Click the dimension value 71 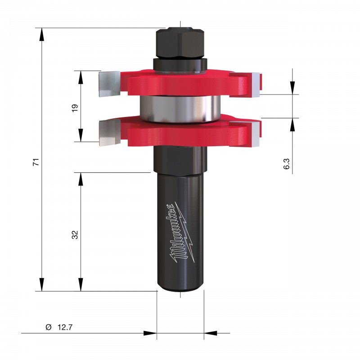point(36,162)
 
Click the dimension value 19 point(75,108)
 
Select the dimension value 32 point(75,234)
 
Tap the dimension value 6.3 point(287,164)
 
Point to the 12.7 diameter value point(65,327)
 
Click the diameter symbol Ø point(49,327)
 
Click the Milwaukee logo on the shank point(182,233)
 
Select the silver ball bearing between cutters point(180,108)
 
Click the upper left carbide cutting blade point(109,84)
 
